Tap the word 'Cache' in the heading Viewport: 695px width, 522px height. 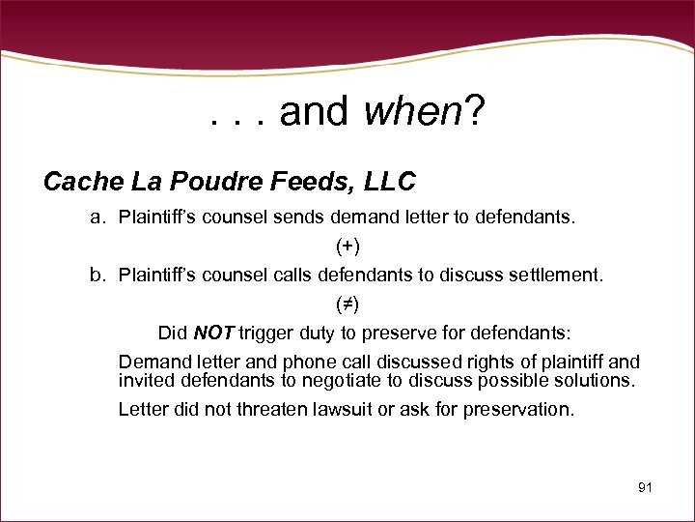(x=82, y=181)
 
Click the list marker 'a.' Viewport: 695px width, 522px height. (x=97, y=217)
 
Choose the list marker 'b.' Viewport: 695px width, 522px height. (x=97, y=275)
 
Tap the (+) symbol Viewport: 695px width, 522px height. (x=347, y=246)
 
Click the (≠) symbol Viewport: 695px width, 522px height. (x=347, y=304)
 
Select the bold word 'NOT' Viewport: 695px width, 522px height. (x=214, y=333)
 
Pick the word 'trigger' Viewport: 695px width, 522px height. (x=265, y=333)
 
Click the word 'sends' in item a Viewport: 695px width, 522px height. (x=302, y=217)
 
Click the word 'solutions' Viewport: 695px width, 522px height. (x=597, y=380)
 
